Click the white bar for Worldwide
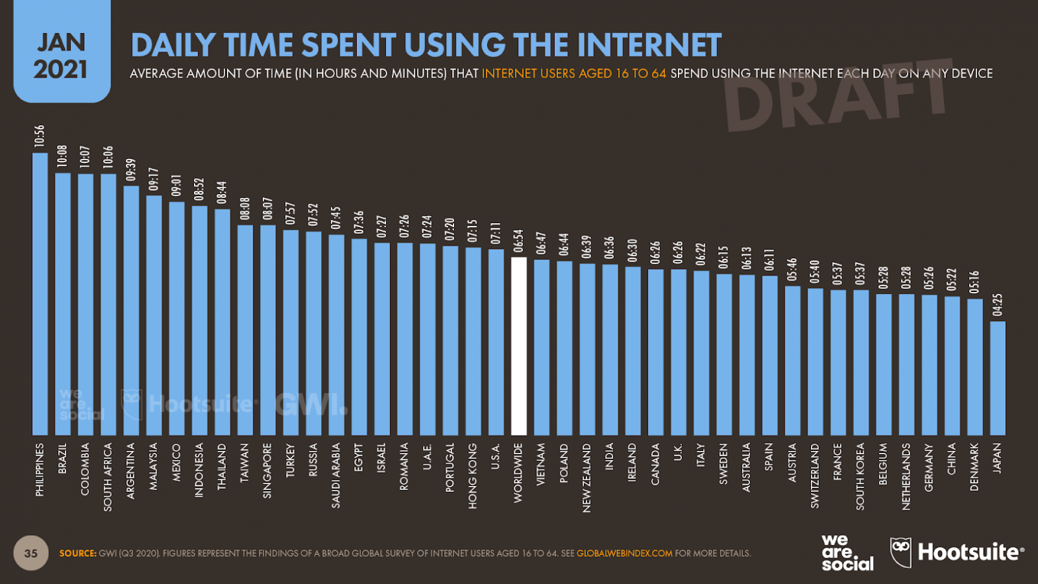(x=519, y=346)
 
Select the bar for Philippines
(x=40, y=294)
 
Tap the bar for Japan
(x=998, y=378)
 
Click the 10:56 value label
(x=40, y=136)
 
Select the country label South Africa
(x=108, y=477)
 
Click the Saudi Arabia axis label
(x=336, y=475)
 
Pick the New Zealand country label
(x=587, y=477)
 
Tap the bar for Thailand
(x=222, y=322)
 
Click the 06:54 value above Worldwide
(x=519, y=241)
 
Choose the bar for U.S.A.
(x=496, y=342)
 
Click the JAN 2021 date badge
(x=61, y=56)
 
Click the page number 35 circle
(x=31, y=553)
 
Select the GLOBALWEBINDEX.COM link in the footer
(x=624, y=554)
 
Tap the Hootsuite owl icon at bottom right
(x=900, y=552)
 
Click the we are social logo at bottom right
(x=847, y=553)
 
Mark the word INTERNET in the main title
(x=649, y=45)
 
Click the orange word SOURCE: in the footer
(x=78, y=554)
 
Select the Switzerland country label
(x=815, y=475)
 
